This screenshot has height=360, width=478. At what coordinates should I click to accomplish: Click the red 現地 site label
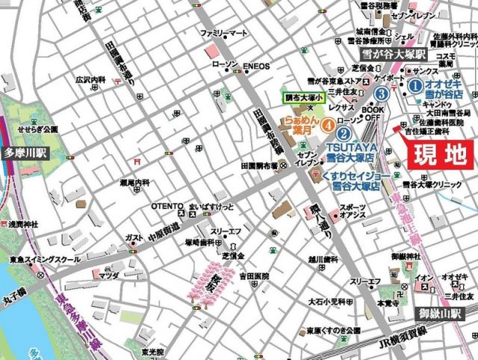pos(438,156)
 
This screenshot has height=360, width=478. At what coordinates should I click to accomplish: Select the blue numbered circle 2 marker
pos(343,134)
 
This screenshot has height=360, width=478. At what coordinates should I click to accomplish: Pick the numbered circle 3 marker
pos(382,94)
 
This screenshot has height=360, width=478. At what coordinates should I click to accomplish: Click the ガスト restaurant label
pos(134,238)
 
